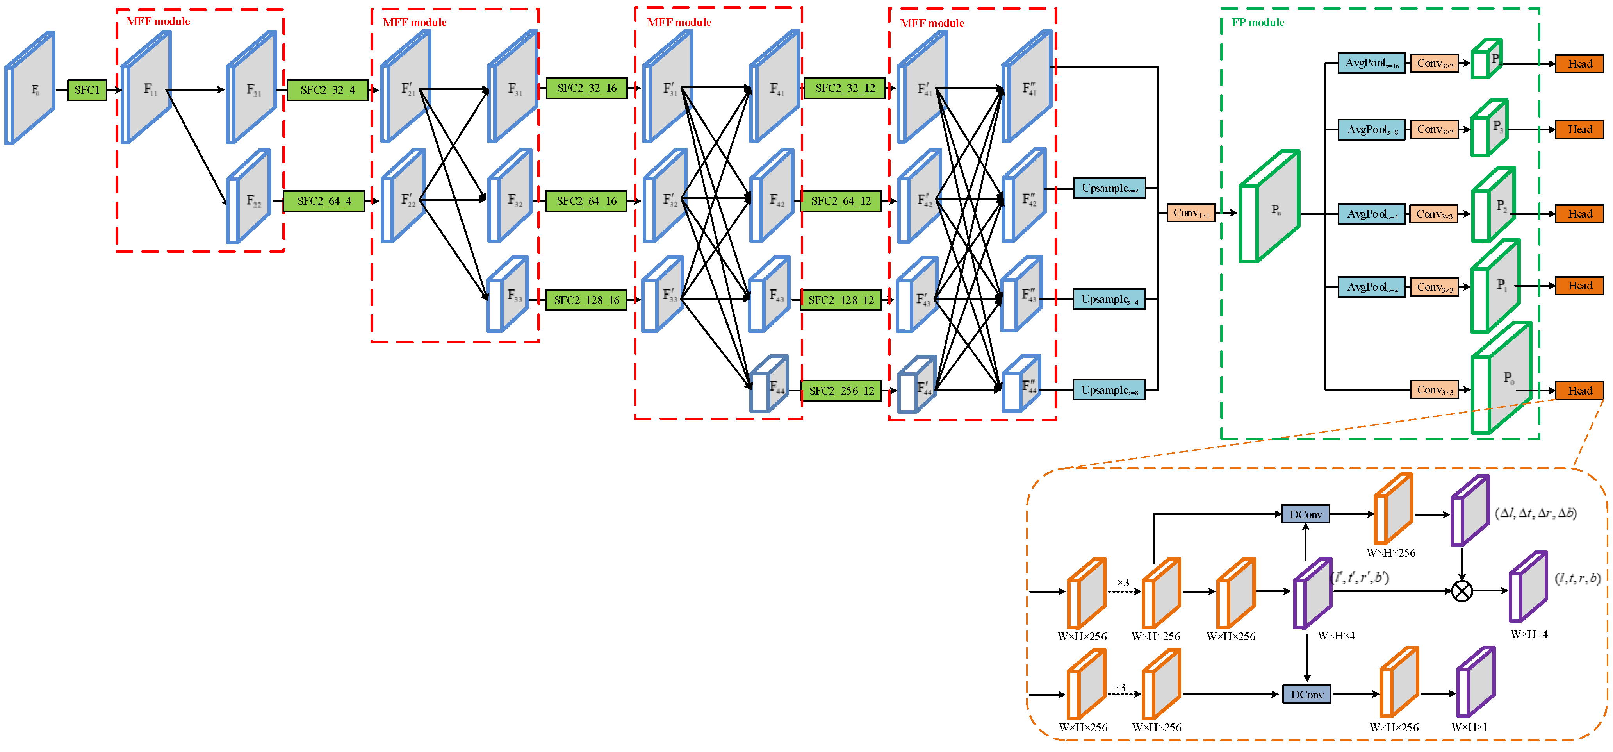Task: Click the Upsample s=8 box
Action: click(1109, 390)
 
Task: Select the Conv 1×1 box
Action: click(1191, 213)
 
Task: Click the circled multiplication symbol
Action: click(1462, 591)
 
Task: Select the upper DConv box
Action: click(1306, 514)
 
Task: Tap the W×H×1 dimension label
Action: click(1469, 727)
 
